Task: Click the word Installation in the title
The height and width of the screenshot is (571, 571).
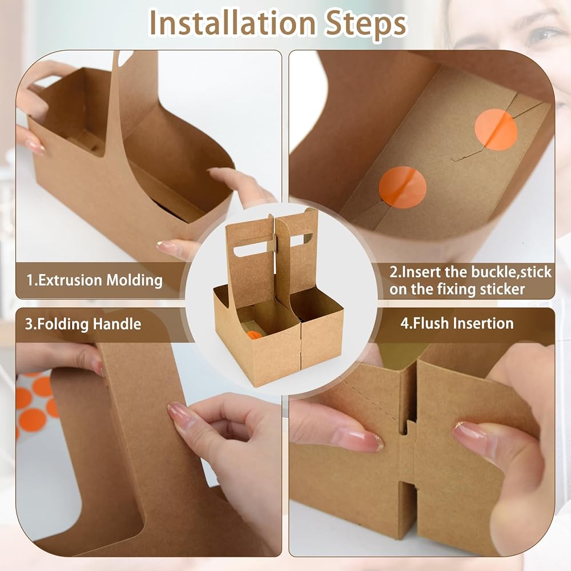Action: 232,23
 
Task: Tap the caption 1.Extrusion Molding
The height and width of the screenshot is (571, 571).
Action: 94,280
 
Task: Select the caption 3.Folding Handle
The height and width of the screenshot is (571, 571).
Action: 83,324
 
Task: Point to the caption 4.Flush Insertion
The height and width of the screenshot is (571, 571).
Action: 457,323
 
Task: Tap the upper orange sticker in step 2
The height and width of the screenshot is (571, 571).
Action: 496,129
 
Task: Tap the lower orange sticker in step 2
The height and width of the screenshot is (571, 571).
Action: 403,187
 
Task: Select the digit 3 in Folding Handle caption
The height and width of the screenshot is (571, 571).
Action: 29,324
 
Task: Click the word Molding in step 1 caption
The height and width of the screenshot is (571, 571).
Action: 134,280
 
